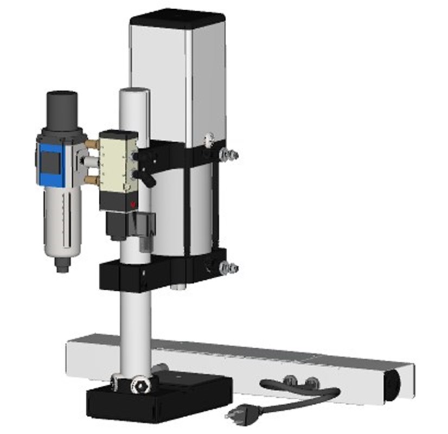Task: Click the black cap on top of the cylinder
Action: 177,17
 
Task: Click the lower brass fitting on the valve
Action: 93,179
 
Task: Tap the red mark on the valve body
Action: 133,204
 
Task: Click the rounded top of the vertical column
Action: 134,93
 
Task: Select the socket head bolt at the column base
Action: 140,387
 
